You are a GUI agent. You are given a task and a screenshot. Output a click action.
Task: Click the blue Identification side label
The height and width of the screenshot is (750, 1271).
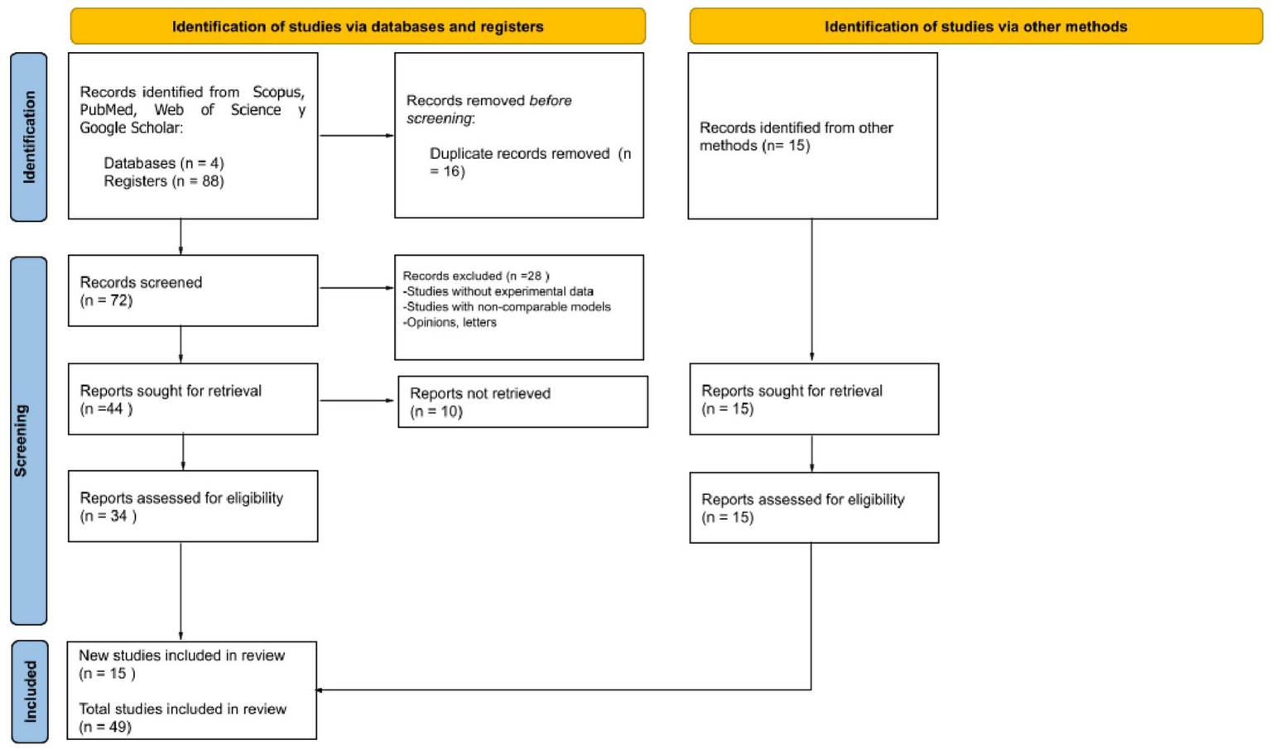click(29, 137)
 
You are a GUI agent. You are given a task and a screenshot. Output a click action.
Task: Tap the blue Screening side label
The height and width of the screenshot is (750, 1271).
click(29, 440)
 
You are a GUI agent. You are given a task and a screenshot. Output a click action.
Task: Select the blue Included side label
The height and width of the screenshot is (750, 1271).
click(30, 691)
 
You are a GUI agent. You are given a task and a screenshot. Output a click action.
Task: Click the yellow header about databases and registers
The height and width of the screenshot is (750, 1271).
click(358, 26)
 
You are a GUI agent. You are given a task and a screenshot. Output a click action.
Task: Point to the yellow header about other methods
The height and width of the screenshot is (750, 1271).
click(975, 26)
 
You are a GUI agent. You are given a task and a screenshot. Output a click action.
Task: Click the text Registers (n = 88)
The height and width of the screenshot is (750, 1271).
click(163, 181)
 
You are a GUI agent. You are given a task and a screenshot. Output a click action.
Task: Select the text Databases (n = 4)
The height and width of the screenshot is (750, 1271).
click(163, 163)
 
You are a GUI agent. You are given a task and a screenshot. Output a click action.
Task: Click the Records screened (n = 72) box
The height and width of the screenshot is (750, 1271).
click(193, 291)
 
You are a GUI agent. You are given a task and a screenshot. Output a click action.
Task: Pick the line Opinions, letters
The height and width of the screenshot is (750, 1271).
click(450, 323)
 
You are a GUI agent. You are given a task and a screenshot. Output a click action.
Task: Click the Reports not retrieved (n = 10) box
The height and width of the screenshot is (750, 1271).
click(522, 402)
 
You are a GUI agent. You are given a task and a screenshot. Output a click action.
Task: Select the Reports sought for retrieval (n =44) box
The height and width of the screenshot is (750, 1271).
click(193, 399)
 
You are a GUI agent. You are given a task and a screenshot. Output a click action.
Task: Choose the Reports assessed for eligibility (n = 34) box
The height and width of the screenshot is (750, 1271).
click(193, 507)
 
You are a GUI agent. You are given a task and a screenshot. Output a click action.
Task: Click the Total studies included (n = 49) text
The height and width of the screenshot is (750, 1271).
click(182, 718)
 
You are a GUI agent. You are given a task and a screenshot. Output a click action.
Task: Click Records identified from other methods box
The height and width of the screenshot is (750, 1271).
click(812, 137)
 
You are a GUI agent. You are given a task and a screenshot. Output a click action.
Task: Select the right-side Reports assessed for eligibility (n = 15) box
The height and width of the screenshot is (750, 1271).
click(814, 508)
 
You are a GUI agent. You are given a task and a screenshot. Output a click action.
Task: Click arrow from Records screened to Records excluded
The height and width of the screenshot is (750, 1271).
click(356, 288)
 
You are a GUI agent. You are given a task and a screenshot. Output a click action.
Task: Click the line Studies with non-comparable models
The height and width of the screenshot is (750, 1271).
click(507, 307)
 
